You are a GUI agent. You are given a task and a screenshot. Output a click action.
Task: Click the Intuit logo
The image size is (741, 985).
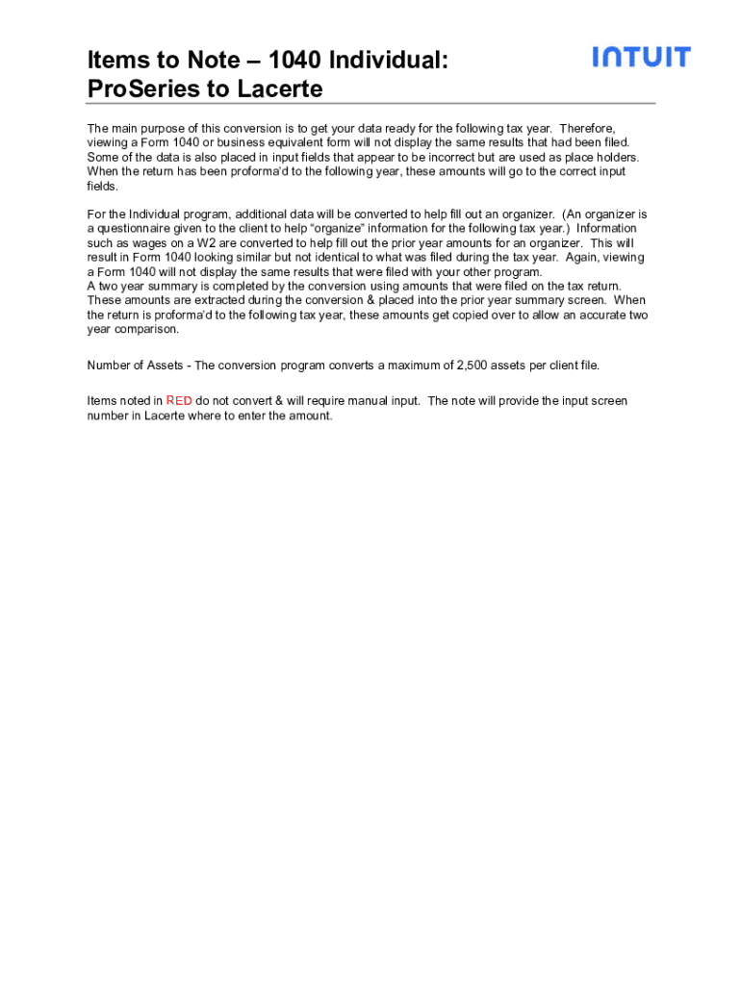pos(641,57)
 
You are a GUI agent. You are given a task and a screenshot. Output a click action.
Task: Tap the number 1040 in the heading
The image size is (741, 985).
pos(295,61)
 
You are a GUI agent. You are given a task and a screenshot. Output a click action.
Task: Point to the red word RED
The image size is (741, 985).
pos(179,401)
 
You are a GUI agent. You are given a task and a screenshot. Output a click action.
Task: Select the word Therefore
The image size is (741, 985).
pos(587,128)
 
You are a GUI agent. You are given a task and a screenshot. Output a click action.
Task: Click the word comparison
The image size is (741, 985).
pos(147,329)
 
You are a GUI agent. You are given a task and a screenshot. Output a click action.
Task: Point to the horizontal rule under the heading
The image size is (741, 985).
pos(370,104)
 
